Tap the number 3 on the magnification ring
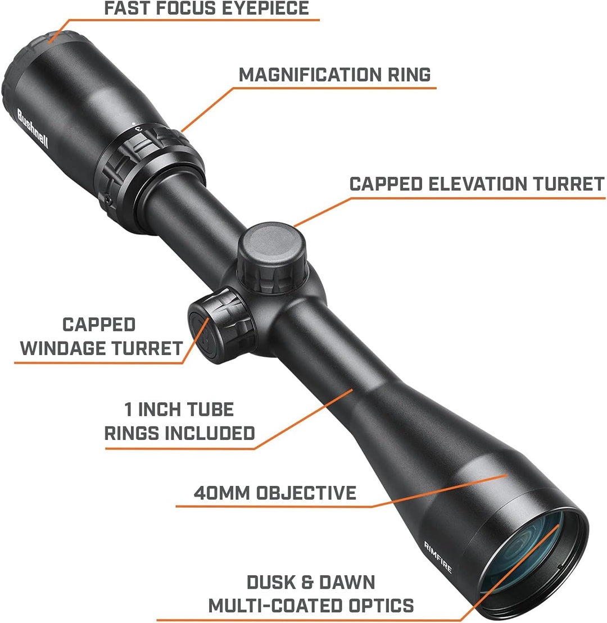139,129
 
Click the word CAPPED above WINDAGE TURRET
99,324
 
